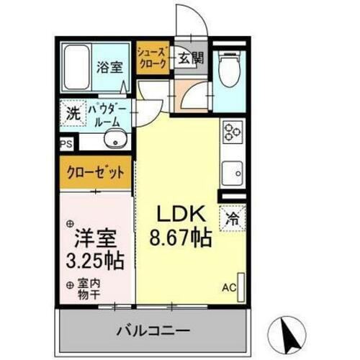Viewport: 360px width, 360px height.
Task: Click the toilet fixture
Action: pos(230,71)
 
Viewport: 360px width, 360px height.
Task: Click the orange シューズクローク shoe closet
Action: pos(153,58)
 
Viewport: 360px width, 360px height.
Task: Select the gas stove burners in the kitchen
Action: pos(232,132)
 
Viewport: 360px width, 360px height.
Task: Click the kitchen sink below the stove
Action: pos(232,172)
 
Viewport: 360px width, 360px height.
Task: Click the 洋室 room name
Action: pos(96,235)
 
